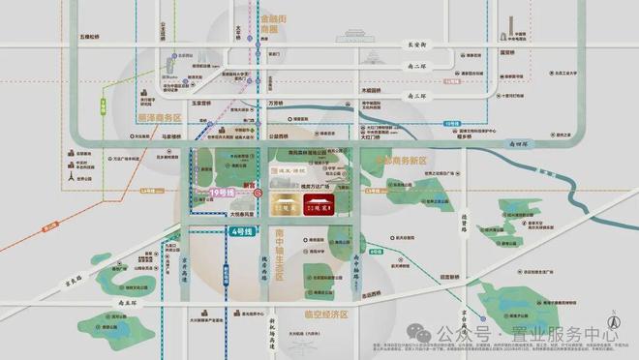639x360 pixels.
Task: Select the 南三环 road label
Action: [x=414, y=97]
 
